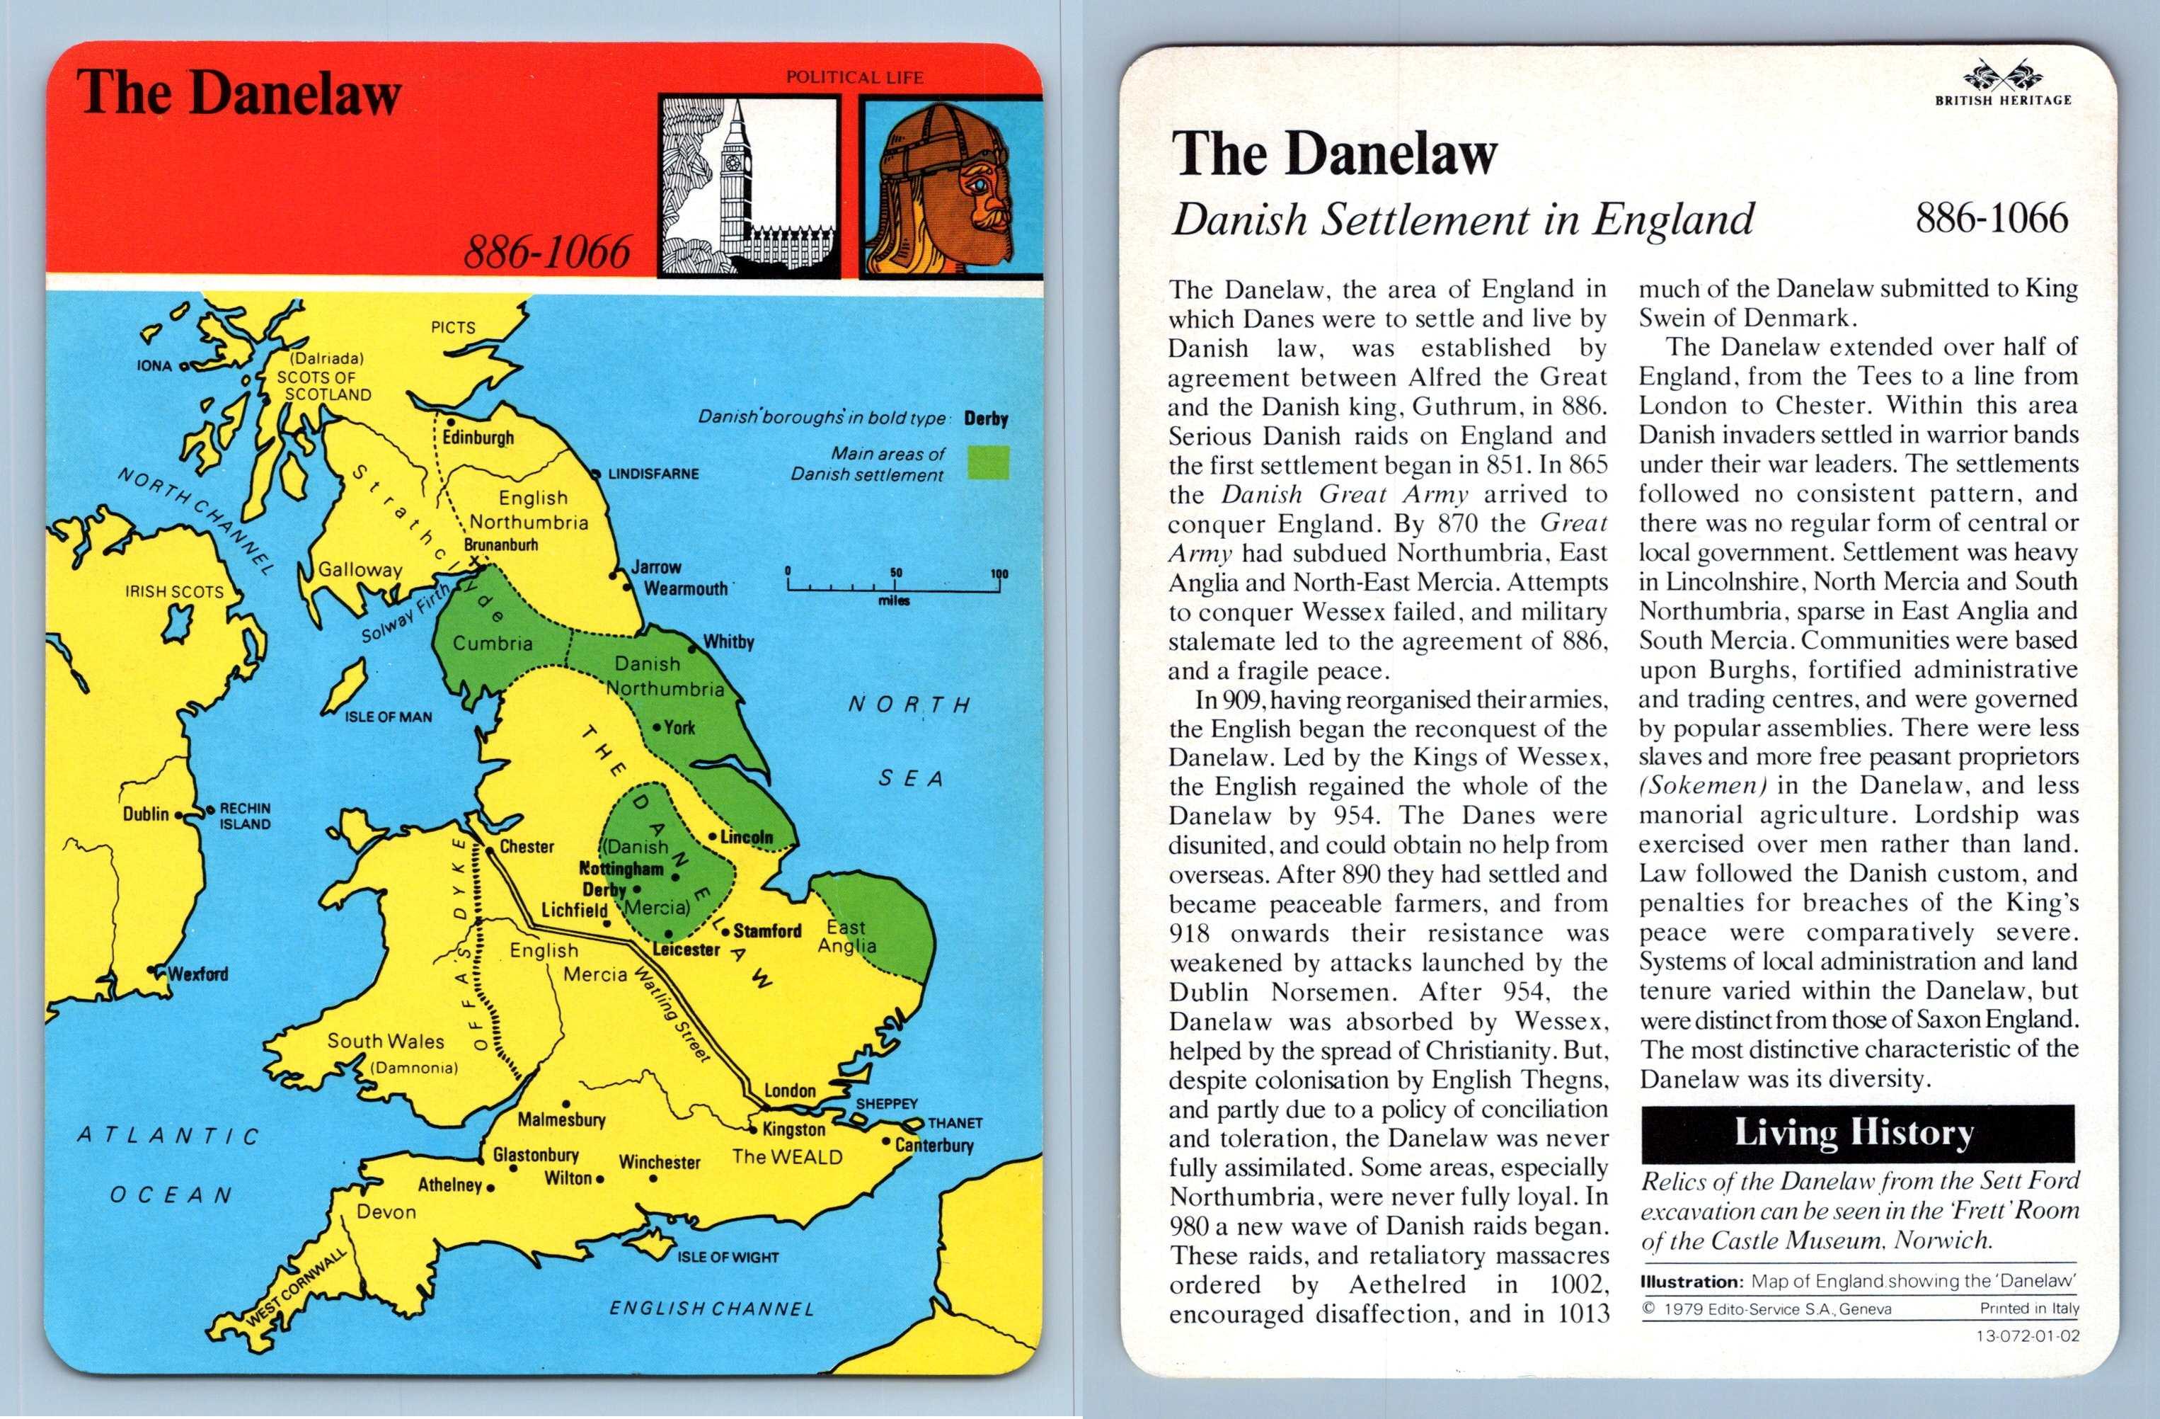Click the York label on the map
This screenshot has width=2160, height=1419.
679,727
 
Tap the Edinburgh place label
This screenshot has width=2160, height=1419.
478,438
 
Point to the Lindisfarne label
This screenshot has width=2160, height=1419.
653,474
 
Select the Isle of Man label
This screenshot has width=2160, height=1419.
389,717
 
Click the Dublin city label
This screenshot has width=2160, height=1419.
146,814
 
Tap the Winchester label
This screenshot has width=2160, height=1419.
659,1162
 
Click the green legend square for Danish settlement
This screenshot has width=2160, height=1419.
987,462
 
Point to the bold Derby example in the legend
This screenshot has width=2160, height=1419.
986,418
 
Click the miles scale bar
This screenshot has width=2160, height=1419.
894,586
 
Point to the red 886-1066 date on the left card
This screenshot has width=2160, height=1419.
547,251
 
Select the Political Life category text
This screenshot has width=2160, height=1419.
854,78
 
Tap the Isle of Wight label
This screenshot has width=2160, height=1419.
728,1258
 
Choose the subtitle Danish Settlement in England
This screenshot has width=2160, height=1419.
1462,220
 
